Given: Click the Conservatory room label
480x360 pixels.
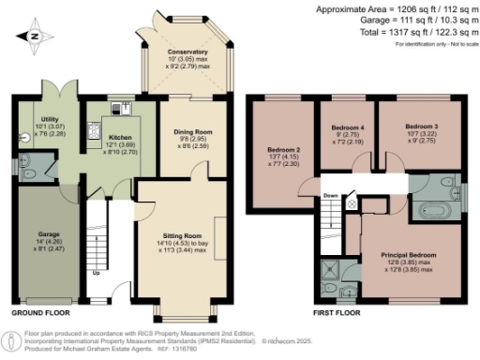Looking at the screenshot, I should tap(187, 52).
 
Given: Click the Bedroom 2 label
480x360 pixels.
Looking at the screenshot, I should tap(282, 150).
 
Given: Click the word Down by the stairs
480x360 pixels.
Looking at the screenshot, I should tap(331, 196).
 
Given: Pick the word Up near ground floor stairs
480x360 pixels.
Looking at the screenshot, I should tap(97, 274).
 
